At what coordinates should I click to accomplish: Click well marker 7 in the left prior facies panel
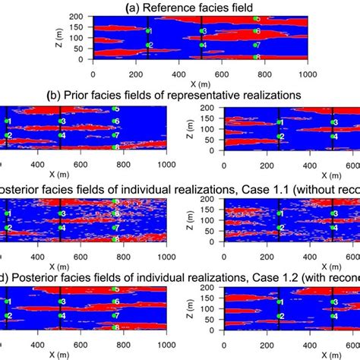coord(115,135)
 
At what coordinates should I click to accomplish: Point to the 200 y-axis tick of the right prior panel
coord(216,109)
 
